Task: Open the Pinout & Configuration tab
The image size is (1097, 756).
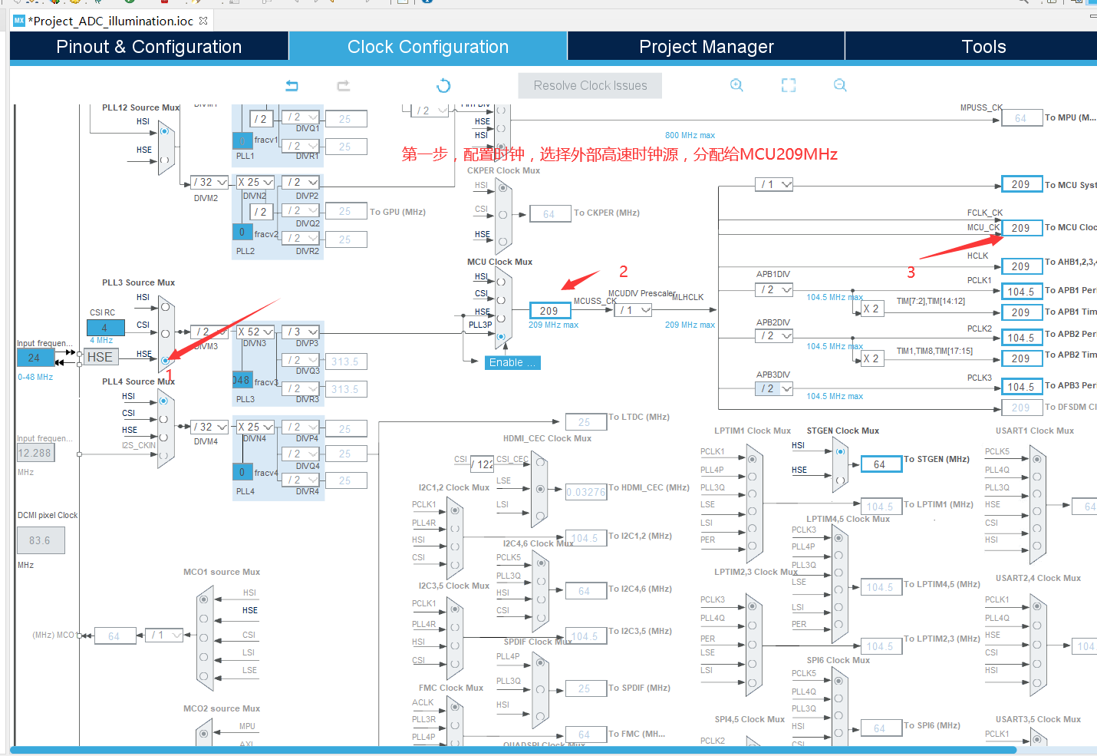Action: tap(149, 47)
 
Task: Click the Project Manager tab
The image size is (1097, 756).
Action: tap(706, 47)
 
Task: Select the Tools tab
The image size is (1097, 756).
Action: tap(983, 47)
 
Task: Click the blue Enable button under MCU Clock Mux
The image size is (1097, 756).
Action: tap(512, 363)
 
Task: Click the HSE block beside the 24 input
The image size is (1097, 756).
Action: tap(100, 358)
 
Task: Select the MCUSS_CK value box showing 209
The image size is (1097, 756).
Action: tap(549, 311)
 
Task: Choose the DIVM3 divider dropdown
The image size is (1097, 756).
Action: tap(209, 332)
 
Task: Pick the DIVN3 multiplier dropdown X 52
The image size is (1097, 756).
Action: tap(255, 332)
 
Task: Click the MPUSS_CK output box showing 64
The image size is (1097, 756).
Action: tap(1020, 118)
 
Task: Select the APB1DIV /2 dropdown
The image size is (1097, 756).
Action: tap(773, 290)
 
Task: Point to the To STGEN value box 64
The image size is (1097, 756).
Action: tap(880, 464)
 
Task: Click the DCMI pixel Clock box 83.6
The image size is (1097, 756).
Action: tap(41, 540)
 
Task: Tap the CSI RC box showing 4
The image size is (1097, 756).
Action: tap(105, 328)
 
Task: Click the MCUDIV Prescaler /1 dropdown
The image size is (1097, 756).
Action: tap(634, 310)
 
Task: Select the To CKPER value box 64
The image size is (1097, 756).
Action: tap(549, 214)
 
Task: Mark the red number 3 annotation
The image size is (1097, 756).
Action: tap(911, 272)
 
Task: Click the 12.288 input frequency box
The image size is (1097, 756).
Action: tap(35, 453)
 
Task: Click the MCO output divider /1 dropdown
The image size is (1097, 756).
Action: tap(164, 636)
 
